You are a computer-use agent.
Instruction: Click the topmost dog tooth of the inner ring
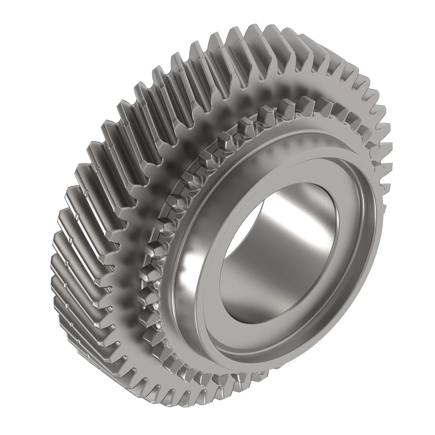pos(286,105)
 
